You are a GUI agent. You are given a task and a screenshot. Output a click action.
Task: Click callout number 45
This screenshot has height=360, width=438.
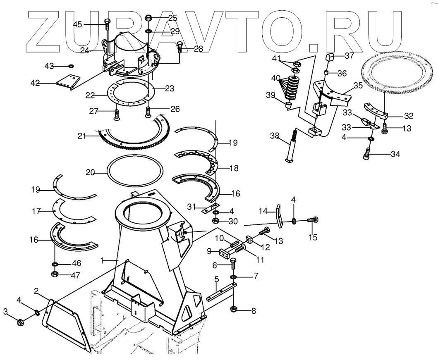pyautogui.click(x=77, y=24)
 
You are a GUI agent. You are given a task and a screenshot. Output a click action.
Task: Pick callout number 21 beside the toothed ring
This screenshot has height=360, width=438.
pyautogui.click(x=81, y=136)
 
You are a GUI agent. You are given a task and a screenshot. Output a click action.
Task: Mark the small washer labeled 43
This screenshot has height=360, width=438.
pyautogui.click(x=71, y=66)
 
